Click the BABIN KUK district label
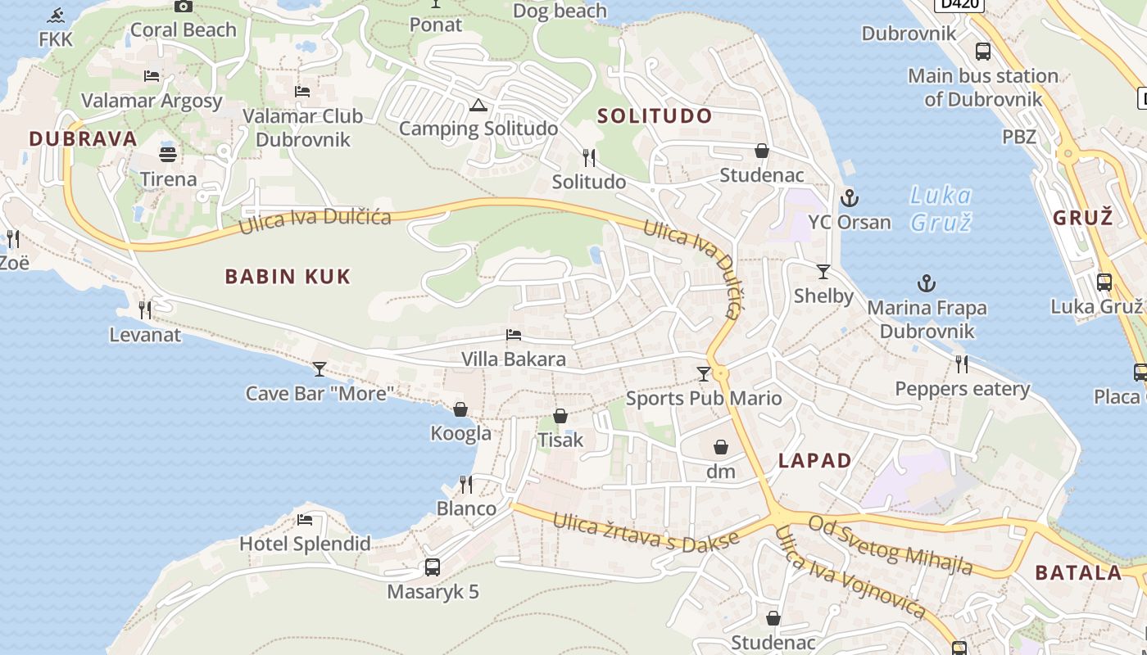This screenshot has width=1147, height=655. pyautogui.click(x=288, y=277)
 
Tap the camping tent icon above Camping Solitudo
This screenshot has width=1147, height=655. pyautogui.click(x=478, y=105)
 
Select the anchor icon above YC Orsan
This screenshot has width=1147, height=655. pyautogui.click(x=850, y=197)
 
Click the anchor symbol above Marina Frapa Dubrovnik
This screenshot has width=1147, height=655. pyautogui.click(x=927, y=283)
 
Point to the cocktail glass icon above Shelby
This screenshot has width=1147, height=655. pyautogui.click(x=823, y=271)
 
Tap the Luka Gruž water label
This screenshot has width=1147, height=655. pyautogui.click(x=941, y=208)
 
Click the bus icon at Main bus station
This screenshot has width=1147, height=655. pyautogui.click(x=983, y=51)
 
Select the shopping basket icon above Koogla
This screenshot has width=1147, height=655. pyautogui.click(x=460, y=409)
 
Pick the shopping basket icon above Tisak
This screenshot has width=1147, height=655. pyautogui.click(x=560, y=416)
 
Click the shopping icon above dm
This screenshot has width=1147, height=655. pyautogui.click(x=721, y=447)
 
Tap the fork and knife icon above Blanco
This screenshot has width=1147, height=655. pyautogui.click(x=466, y=484)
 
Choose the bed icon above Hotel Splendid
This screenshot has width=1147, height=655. pyautogui.click(x=305, y=519)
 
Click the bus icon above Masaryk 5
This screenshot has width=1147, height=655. pyautogui.click(x=433, y=567)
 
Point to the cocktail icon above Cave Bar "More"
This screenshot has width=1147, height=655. pyautogui.click(x=320, y=368)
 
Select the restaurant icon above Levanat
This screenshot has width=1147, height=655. pyautogui.click(x=145, y=309)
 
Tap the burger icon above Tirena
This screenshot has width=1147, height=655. pyautogui.click(x=168, y=154)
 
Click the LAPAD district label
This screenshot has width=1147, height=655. pyautogui.click(x=814, y=460)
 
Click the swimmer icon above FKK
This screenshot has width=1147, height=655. pyautogui.click(x=56, y=15)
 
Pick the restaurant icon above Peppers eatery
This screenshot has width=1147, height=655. pyautogui.click(x=962, y=364)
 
